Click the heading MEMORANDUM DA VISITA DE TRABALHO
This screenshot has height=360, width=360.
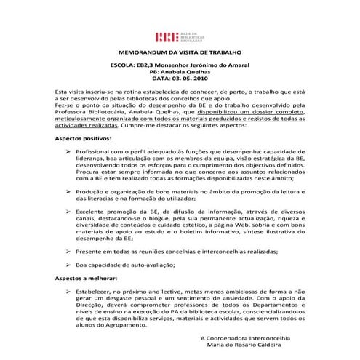point(180,54)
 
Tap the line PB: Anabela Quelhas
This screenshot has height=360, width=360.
point(180,72)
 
